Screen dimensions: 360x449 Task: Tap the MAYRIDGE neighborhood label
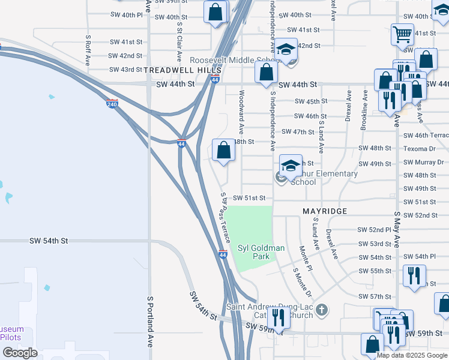coord(325,212)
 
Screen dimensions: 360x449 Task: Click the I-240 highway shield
coord(112,104)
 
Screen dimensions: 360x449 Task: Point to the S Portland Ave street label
coord(150,321)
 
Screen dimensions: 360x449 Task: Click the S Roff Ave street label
coord(88,50)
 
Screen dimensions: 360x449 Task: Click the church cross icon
coord(322,310)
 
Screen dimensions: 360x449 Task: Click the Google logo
coord(20,353)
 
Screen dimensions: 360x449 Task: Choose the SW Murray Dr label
coord(424,162)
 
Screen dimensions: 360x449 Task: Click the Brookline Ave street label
coord(364,110)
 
